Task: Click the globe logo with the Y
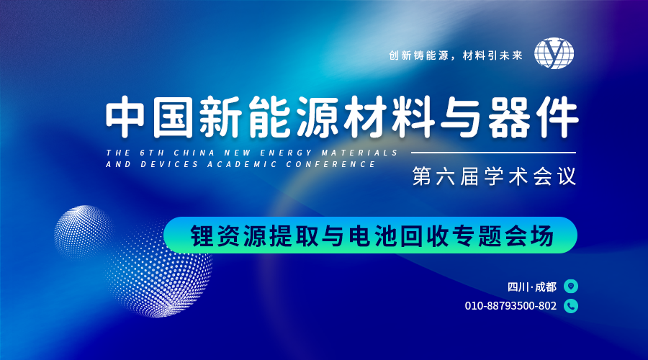[x=554, y=53]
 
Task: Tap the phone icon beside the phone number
[x=571, y=306]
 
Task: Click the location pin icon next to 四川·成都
[x=571, y=286]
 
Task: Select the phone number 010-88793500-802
[x=510, y=306]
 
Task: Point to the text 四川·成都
[x=532, y=287]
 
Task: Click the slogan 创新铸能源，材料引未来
[x=456, y=55]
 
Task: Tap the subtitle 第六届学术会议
[x=494, y=176]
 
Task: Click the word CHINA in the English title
[x=194, y=153]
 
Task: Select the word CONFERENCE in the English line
[x=331, y=164]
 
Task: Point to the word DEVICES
[x=169, y=164]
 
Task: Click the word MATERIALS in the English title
[x=359, y=153]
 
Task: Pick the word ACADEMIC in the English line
[x=242, y=164]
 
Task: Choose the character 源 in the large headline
[x=317, y=117]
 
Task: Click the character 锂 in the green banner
[x=202, y=235]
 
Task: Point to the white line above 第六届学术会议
[x=493, y=153]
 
